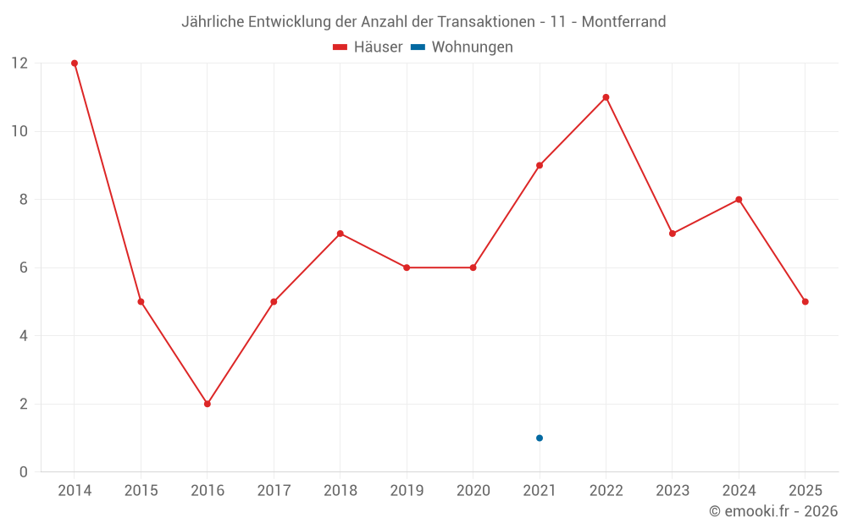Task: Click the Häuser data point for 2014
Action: coord(75,63)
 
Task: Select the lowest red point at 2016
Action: coord(208,404)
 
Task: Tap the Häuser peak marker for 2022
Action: coord(606,97)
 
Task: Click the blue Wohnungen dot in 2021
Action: coord(540,438)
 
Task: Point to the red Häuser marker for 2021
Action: coord(540,165)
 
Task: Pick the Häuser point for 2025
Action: coord(805,301)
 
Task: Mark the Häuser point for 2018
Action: coord(340,234)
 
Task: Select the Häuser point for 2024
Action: coord(739,200)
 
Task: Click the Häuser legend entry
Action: coord(368,47)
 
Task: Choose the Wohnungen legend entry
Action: coord(462,47)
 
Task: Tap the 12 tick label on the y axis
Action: coord(19,63)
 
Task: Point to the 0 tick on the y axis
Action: coord(24,471)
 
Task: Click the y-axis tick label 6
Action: coord(24,267)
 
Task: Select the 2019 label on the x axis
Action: coord(407,491)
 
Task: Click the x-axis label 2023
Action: coord(673,491)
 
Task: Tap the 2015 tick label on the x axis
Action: coord(141,491)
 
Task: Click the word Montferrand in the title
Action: coord(623,21)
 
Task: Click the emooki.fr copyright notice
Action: coord(773,511)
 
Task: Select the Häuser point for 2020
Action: coord(473,267)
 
